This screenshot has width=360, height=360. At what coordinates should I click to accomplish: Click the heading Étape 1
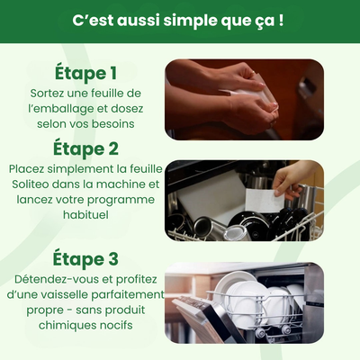click(x=85, y=72)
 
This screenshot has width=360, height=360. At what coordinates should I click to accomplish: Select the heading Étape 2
click(x=85, y=148)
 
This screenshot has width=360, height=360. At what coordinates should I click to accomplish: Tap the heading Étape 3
click(x=85, y=259)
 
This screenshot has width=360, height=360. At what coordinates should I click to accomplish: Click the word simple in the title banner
click(x=184, y=19)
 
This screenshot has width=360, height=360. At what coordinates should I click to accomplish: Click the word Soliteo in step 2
click(x=32, y=184)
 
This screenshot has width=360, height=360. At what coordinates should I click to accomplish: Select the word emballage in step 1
click(x=63, y=109)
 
